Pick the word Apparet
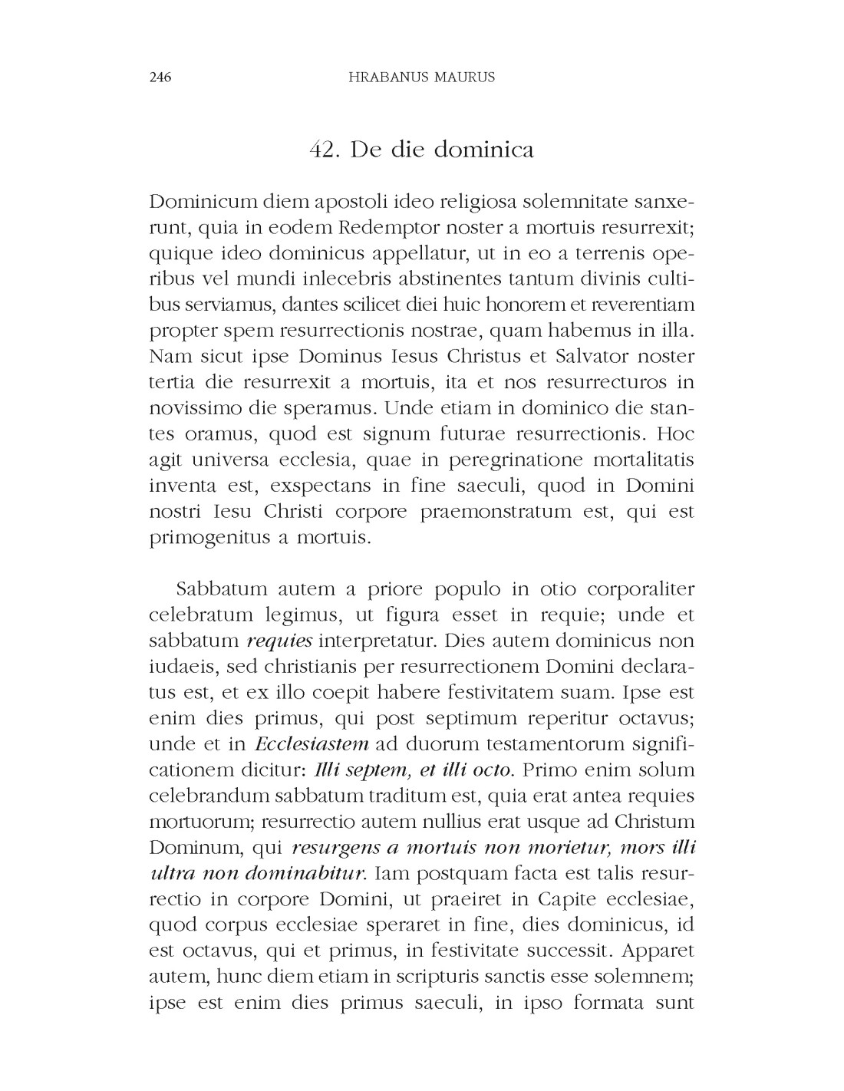(658, 951)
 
